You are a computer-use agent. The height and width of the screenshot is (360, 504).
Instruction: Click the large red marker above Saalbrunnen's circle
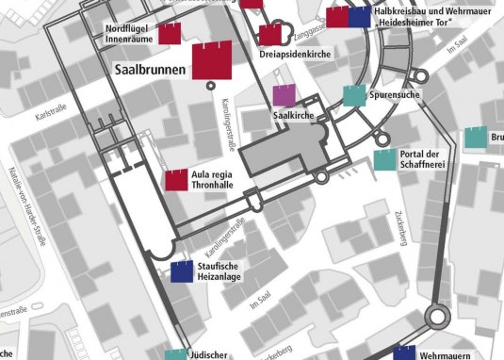211,60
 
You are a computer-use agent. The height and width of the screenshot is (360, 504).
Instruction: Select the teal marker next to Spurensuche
353,95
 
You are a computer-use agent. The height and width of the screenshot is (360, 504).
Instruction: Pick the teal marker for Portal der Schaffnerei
384,159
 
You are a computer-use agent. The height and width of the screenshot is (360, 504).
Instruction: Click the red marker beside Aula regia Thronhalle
176,180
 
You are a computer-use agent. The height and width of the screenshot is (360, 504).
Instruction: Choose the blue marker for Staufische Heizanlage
182,272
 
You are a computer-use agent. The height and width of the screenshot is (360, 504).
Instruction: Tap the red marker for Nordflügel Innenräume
169,34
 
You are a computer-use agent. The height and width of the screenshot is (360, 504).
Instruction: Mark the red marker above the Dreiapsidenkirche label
270,35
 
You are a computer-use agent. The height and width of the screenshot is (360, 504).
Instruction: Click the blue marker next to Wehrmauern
404,354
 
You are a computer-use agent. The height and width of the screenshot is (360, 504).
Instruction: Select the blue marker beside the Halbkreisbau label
359,17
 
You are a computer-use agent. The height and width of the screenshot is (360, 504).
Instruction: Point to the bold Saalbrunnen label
150,71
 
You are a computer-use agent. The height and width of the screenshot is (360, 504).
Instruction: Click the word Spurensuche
397,95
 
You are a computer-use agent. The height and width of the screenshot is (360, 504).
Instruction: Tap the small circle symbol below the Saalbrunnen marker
211,85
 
